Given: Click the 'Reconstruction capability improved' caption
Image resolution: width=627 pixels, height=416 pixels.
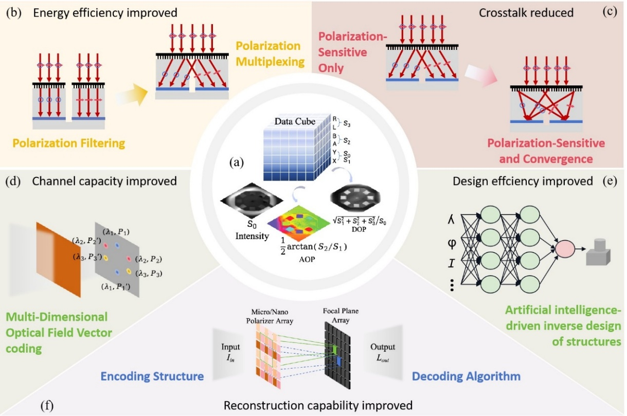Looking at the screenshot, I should click(x=318, y=405).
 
